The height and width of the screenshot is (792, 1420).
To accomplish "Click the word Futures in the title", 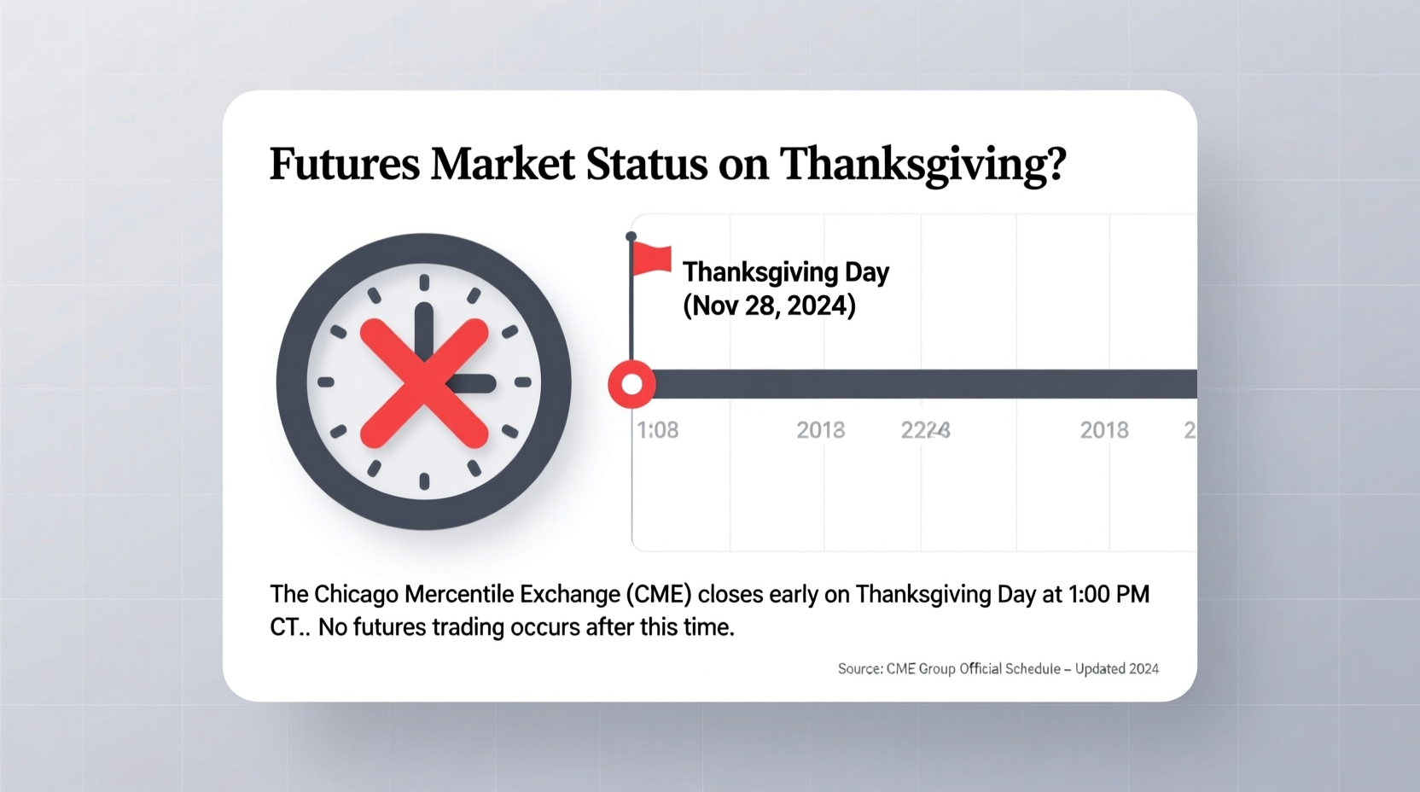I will (344, 164).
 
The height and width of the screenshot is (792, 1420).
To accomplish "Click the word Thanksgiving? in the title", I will (922, 164).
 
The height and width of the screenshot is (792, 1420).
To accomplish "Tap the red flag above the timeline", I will (653, 259).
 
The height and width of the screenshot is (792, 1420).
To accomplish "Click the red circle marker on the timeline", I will (631, 384).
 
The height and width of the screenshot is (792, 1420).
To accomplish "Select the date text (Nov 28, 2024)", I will (769, 306).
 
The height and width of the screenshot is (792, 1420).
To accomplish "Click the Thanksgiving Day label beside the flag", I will (785, 272).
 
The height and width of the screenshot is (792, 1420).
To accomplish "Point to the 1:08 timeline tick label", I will (658, 430).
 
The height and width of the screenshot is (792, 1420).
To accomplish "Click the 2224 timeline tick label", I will (925, 430).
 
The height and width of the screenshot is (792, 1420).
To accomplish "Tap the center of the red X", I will (424, 382).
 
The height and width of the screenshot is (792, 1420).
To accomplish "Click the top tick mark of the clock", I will (424, 282).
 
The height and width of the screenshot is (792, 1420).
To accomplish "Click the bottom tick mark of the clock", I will (424, 481).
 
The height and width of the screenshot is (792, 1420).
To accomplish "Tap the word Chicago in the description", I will (358, 594).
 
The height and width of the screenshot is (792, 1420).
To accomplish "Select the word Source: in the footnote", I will (859, 669).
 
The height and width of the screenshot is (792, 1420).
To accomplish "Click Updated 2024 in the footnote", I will (1116, 669).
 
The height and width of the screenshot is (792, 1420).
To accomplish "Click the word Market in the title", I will (503, 164).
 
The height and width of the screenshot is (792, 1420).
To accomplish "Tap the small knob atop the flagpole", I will (631, 236).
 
